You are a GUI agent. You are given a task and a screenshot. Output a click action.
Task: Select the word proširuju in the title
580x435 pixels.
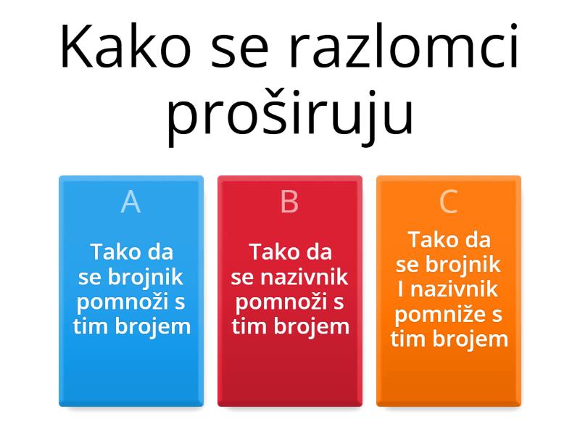290,114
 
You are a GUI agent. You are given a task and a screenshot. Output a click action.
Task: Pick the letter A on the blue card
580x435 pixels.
130,202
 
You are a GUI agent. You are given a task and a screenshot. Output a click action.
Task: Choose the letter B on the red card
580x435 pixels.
289,202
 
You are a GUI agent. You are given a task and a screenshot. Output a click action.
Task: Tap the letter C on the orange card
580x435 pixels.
449,202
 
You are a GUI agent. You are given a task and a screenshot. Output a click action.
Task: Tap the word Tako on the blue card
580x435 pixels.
114,252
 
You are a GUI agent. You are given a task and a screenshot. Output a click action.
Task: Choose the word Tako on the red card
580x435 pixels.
273,252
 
